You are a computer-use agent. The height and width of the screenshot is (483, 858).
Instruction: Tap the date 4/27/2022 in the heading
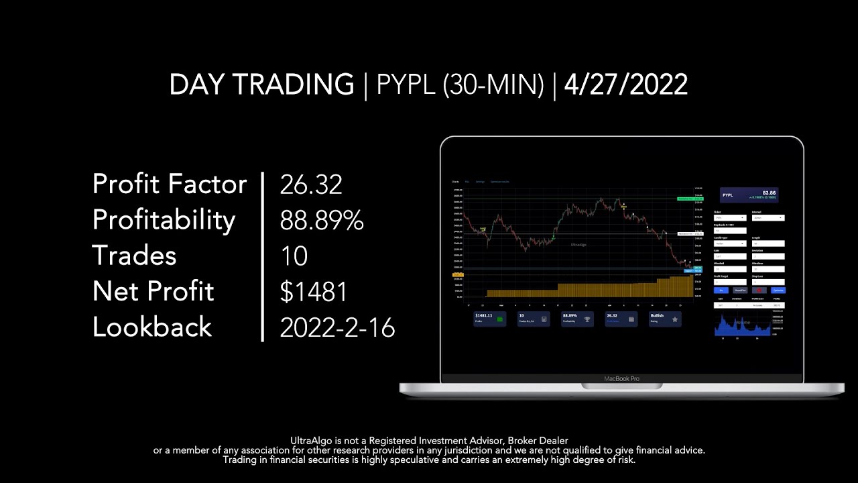(x=626, y=85)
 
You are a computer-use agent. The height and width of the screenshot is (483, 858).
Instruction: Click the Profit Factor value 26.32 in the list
(x=311, y=184)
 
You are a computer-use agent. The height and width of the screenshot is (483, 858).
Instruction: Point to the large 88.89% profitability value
(x=322, y=220)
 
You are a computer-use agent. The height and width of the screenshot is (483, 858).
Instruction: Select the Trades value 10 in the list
(x=294, y=256)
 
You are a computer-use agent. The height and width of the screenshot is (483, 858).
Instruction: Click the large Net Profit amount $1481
(x=314, y=292)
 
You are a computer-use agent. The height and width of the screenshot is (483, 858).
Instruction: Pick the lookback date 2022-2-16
(x=337, y=327)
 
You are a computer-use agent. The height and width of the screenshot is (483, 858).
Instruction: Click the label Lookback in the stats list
(x=152, y=327)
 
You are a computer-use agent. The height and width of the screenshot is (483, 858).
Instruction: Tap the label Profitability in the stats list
(x=164, y=220)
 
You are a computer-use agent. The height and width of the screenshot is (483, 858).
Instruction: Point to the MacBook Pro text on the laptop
(x=621, y=378)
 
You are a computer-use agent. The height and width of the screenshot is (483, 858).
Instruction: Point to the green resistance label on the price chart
(x=690, y=199)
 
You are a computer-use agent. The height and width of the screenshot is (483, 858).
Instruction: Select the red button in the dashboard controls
(x=759, y=290)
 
